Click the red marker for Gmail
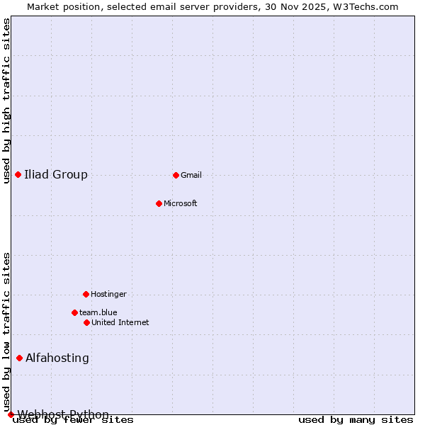click(176, 175)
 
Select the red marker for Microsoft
click(159, 203)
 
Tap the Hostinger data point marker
click(86, 294)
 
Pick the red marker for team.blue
click(74, 312)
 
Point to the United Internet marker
click(86, 322)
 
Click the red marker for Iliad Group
click(18, 175)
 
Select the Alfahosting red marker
click(19, 358)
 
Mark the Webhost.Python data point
click(11, 414)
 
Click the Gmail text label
click(191, 175)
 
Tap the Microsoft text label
click(181, 203)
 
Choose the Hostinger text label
click(108, 294)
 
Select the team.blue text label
click(98, 312)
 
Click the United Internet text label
click(120, 322)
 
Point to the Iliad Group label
click(56, 175)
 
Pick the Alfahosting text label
click(57, 358)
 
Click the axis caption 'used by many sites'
click(356, 420)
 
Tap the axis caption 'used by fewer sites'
click(73, 420)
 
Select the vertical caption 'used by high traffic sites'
click(6, 101)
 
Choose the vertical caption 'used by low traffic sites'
click(6, 331)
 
